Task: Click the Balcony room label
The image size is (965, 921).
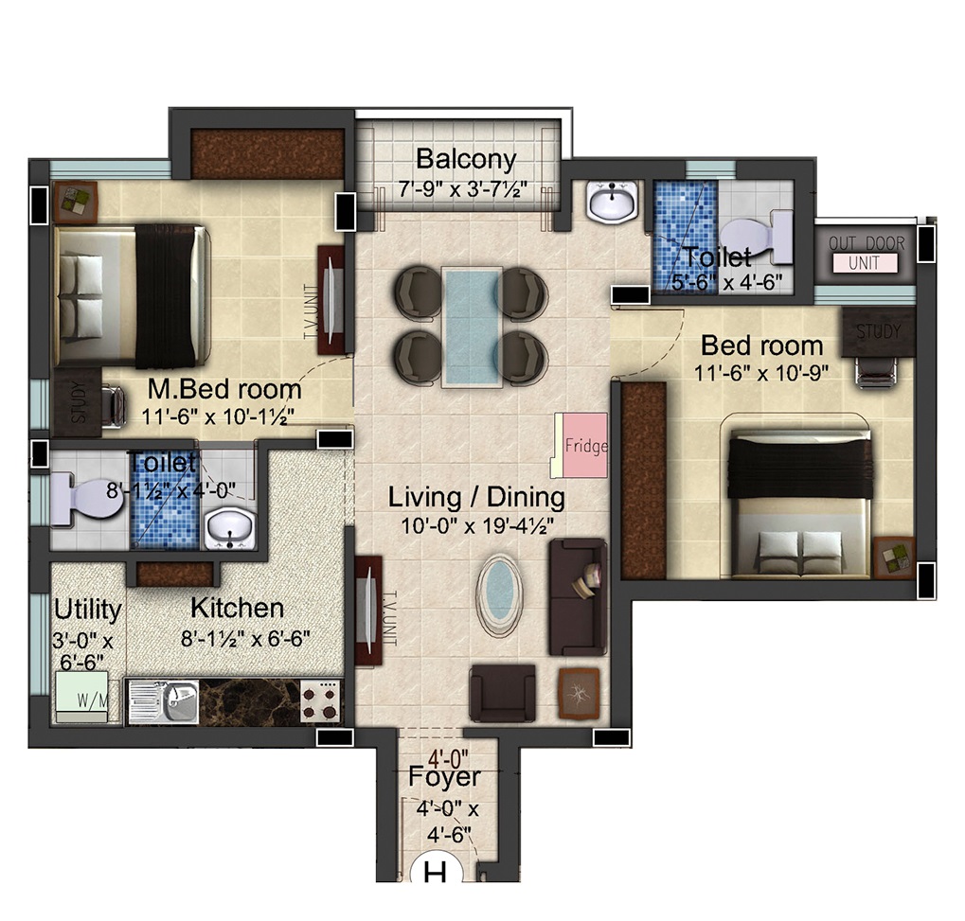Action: pyautogui.click(x=466, y=159)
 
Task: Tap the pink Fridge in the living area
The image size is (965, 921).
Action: pyautogui.click(x=585, y=445)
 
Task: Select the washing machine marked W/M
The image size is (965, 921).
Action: pyautogui.click(x=82, y=697)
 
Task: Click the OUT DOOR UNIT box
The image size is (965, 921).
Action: pyautogui.click(x=866, y=254)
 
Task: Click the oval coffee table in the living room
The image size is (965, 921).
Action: pyautogui.click(x=499, y=596)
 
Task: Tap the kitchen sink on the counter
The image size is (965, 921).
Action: pyautogui.click(x=163, y=701)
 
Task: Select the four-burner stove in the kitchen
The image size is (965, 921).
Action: pyautogui.click(x=321, y=700)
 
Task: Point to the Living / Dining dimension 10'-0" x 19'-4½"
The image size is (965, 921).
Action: pyautogui.click(x=477, y=526)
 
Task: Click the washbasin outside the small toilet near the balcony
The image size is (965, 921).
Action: pyautogui.click(x=611, y=202)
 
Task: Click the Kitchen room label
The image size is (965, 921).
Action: pyautogui.click(x=237, y=608)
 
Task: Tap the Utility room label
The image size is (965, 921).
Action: pyautogui.click(x=87, y=610)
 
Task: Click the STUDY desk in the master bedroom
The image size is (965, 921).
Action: pyautogui.click(x=78, y=401)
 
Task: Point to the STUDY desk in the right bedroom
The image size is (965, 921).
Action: pyautogui.click(x=878, y=332)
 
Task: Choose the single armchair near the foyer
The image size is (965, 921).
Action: pyautogui.click(x=502, y=692)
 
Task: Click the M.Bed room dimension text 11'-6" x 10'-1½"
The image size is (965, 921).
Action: pyautogui.click(x=217, y=416)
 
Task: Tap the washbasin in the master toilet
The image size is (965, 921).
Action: pyautogui.click(x=229, y=528)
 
